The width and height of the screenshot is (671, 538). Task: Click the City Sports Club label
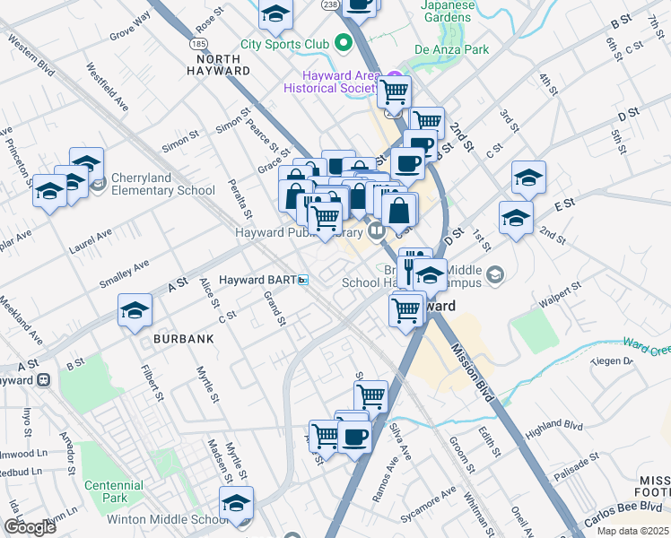[284, 43]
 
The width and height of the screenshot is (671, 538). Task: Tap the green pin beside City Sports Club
[341, 42]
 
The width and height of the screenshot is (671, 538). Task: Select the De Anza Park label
[452, 49]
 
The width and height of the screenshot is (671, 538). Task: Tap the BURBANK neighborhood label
[184, 339]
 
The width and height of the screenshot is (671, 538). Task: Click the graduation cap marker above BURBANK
[135, 310]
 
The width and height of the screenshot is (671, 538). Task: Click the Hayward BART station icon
[303, 280]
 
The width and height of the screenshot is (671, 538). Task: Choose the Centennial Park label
[113, 491]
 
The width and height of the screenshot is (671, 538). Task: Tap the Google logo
[30, 527]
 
